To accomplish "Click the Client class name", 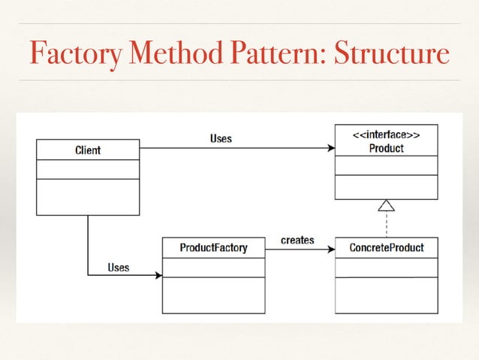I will [88, 150].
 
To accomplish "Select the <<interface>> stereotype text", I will [386, 135].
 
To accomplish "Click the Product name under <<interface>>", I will [386, 148].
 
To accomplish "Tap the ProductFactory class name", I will [213, 247].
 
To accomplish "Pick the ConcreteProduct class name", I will [387, 247].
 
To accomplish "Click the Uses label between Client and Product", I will [220, 138].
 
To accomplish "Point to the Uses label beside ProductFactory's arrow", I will [118, 267].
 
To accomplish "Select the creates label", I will [297, 241].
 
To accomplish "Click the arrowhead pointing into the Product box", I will [330, 148].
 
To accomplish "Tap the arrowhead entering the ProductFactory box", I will [158, 276].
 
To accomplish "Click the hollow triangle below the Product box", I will [386, 205].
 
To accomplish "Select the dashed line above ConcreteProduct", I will [386, 224].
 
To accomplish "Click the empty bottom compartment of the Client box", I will [88, 197].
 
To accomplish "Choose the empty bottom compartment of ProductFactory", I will [213, 295].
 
